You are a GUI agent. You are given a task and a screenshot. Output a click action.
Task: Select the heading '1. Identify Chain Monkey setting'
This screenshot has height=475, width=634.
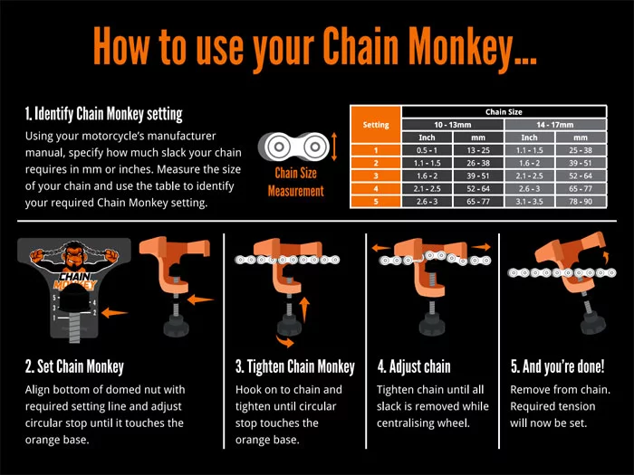(104, 115)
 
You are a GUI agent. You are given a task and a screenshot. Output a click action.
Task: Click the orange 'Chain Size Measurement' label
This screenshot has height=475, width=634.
(295, 181)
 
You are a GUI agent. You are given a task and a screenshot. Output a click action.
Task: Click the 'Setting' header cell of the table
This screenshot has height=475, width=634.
(375, 124)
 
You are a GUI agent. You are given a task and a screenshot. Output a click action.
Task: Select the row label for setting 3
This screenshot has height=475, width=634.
(375, 175)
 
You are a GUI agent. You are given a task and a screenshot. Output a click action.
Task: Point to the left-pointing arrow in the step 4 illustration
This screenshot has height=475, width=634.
(380, 244)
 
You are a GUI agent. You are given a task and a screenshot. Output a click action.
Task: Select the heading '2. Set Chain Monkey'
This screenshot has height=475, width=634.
(74, 367)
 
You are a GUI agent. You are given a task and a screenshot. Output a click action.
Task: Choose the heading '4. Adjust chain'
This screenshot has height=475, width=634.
(414, 367)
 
